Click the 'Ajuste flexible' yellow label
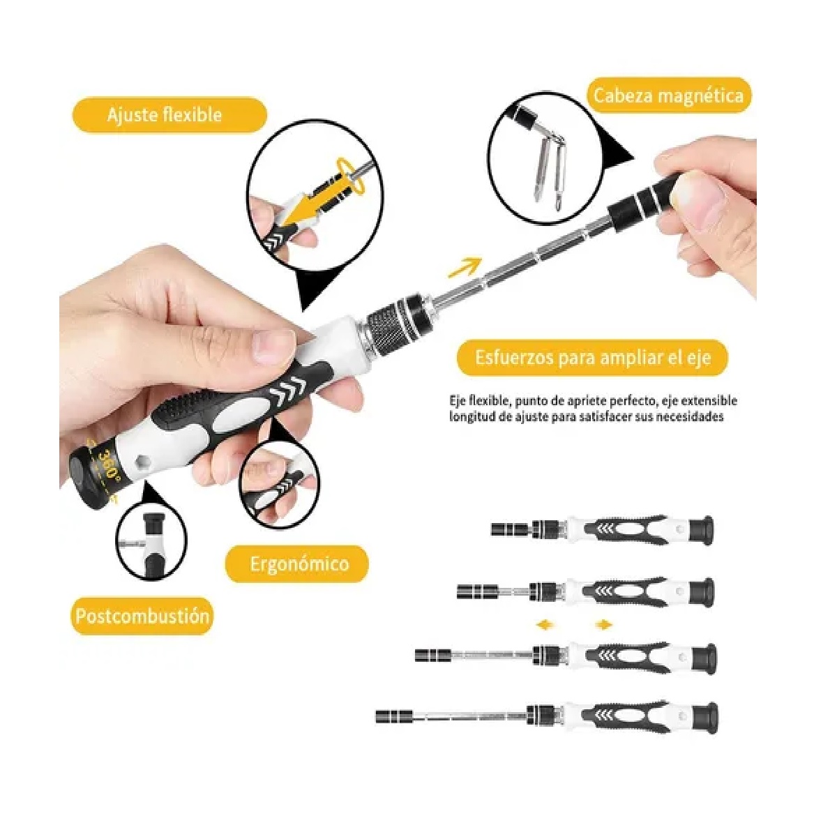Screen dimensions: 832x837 pos(169,115)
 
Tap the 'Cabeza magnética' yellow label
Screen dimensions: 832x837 pos(668,96)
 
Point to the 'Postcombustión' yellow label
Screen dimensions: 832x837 pos(142,617)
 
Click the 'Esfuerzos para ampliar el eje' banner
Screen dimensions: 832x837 pos(592,358)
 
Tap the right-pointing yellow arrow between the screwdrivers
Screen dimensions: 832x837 pos(603,624)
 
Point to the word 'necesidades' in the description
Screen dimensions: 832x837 pos(689,417)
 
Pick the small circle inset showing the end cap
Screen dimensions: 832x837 pos(151,541)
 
